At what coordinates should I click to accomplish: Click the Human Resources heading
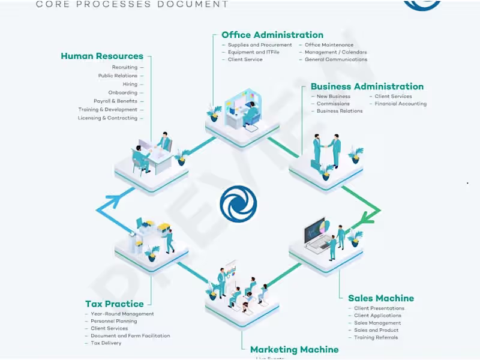tap(102, 56)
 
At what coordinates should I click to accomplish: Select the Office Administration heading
tap(272, 35)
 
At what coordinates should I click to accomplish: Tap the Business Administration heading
tap(367, 86)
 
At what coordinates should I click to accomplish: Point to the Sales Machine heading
tap(381, 298)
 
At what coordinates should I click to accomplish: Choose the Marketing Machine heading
tap(294, 349)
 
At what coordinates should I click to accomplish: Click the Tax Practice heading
tap(115, 304)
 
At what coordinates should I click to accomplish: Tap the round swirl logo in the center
tap(238, 203)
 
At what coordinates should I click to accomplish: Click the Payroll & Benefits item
tap(115, 101)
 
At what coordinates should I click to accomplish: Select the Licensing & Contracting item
tap(107, 118)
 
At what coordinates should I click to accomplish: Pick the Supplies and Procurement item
tap(260, 45)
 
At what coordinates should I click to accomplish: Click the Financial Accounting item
tap(401, 104)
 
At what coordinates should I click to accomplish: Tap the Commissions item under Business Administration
tap(333, 104)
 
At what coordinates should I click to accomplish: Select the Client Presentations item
tap(379, 308)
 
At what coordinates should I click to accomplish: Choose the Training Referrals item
tap(376, 337)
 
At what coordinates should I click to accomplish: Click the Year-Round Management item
tap(122, 314)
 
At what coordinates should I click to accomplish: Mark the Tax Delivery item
tap(106, 343)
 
